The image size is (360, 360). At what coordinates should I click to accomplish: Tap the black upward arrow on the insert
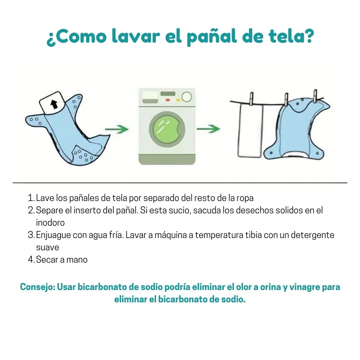pyautogui.click(x=54, y=104)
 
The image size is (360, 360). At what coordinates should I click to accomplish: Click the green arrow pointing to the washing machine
pyautogui.click(x=117, y=129)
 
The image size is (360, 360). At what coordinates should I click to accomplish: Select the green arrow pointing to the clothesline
pyautogui.click(x=208, y=129)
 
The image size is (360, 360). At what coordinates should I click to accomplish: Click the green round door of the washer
pyautogui.click(x=167, y=129)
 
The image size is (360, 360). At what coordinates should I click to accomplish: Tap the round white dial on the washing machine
pyautogui.click(x=187, y=97)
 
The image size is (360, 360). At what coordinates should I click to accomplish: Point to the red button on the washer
pyautogui.click(x=168, y=100)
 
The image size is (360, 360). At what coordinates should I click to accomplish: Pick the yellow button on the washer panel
pyautogui.click(x=177, y=100)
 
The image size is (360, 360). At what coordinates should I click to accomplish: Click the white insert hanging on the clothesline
pyautogui.click(x=250, y=131)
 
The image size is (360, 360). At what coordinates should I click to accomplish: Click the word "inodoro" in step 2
pyautogui.click(x=50, y=222)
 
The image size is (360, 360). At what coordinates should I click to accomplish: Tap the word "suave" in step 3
pyautogui.click(x=48, y=247)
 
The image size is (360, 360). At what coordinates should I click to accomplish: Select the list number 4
pyautogui.click(x=31, y=260)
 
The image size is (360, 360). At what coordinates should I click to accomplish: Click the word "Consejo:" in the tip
pyautogui.click(x=38, y=287)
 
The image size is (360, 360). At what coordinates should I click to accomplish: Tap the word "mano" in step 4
pyautogui.click(x=77, y=260)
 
